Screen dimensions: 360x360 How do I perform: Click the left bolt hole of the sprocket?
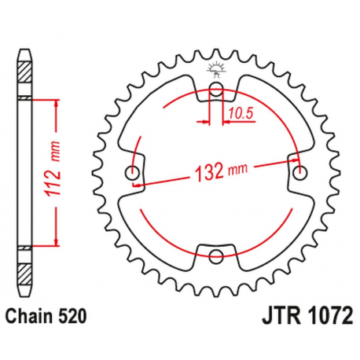[133, 172]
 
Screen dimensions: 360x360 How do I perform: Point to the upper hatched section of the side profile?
[27, 77]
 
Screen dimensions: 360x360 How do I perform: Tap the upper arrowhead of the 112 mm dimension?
[56, 103]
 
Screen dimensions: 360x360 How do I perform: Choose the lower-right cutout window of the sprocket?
[271, 232]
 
